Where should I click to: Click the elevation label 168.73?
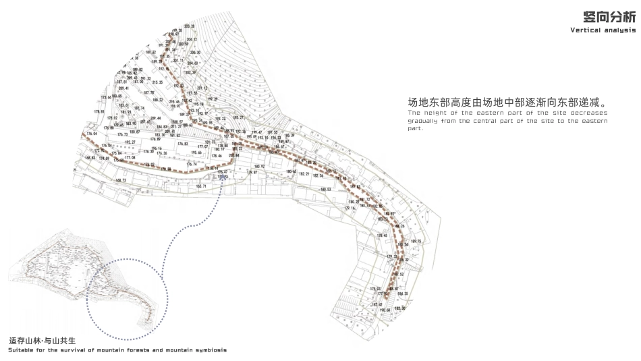pyautogui.click(x=121, y=180)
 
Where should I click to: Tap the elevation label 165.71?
pyautogui.click(x=201, y=186)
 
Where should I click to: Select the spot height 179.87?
pyautogui.click(x=252, y=173)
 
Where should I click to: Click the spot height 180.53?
pyautogui.click(x=325, y=190)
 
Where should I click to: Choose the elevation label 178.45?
pyautogui.click(x=383, y=235)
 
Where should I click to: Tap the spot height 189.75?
pyautogui.click(x=416, y=241)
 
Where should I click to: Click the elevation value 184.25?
pyautogui.click(x=403, y=294)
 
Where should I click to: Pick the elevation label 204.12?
pyautogui.click(x=192, y=40)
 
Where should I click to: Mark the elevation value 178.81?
pyautogui.click(x=99, y=112)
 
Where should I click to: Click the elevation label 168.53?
pyautogui.click(x=90, y=158)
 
